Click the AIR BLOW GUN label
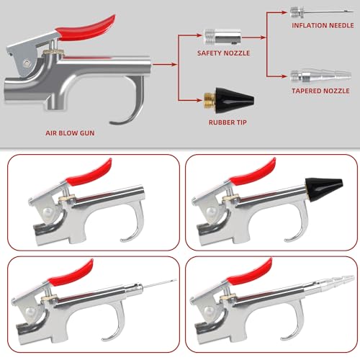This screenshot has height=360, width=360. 70,133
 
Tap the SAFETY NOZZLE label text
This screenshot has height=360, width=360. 223,53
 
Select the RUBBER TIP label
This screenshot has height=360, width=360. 228,122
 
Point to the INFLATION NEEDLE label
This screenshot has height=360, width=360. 323,25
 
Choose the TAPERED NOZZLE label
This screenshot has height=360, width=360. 320,91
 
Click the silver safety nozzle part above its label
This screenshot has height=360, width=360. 222,37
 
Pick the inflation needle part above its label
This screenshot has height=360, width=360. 322,12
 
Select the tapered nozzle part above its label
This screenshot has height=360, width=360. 320,76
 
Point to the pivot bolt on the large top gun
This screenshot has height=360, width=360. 27,63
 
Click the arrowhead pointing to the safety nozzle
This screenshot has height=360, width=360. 199,35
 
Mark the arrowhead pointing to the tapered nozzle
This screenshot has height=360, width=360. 284,76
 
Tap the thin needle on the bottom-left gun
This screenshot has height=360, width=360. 160,284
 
